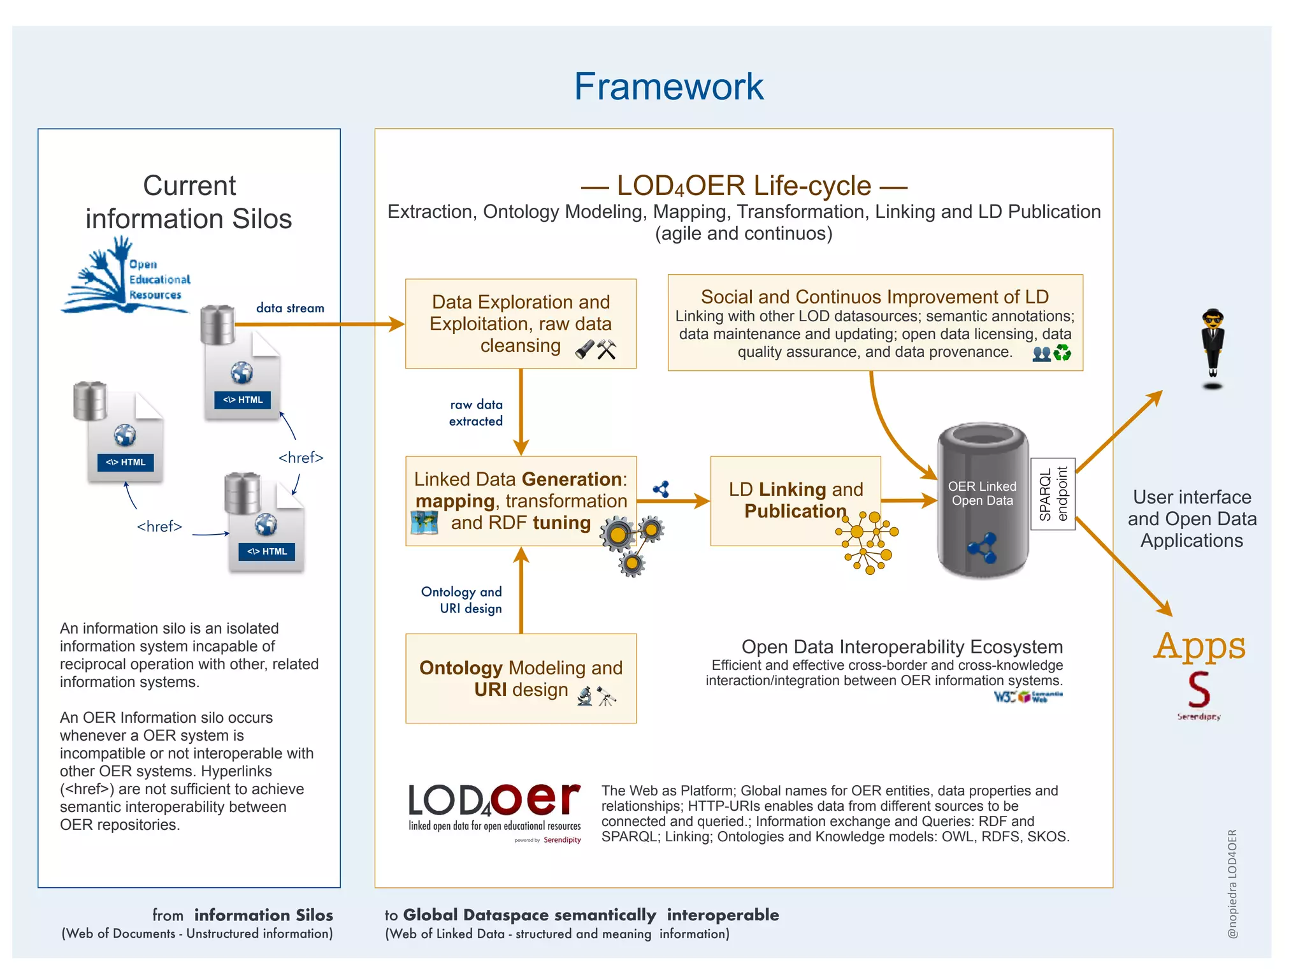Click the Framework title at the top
(x=668, y=87)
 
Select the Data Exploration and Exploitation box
(x=520, y=323)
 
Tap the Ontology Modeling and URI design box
(x=520, y=678)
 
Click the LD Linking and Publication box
(x=795, y=500)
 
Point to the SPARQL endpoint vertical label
(x=1053, y=494)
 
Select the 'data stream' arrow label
(x=290, y=308)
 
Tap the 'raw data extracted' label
(x=476, y=412)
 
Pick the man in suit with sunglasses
(x=1213, y=347)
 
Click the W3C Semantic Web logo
(x=1028, y=697)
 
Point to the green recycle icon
(x=1062, y=352)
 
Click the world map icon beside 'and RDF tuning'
(x=424, y=523)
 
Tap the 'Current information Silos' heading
(x=189, y=202)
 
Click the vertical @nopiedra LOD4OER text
(x=1232, y=883)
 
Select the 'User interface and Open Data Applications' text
(x=1192, y=518)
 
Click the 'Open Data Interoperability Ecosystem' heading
(x=902, y=646)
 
